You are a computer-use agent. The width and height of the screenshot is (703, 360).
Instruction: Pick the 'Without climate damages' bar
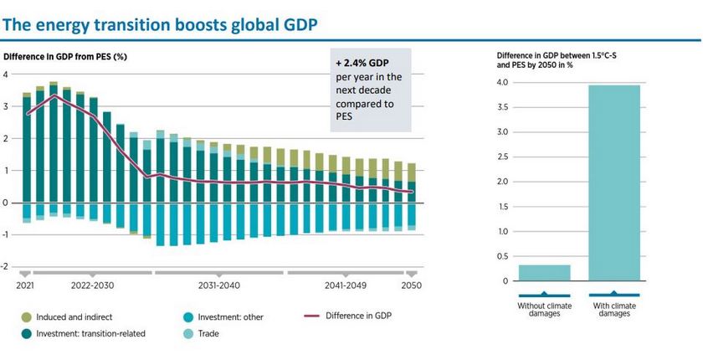[544, 273]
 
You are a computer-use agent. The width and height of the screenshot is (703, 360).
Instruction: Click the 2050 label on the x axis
[412, 285]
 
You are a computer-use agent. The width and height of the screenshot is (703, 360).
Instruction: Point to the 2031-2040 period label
[219, 285]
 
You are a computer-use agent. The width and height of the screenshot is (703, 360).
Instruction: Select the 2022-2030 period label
[92, 285]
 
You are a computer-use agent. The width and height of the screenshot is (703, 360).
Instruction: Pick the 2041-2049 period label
[345, 285]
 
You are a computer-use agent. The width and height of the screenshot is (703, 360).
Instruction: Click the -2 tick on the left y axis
[6, 267]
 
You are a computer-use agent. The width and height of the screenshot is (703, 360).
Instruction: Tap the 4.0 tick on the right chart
[503, 83]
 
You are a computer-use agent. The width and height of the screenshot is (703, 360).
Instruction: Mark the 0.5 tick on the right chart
[503, 256]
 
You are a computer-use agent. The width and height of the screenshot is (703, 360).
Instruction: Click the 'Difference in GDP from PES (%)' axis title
[65, 57]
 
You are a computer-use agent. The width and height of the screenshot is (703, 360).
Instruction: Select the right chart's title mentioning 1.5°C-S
[561, 59]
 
